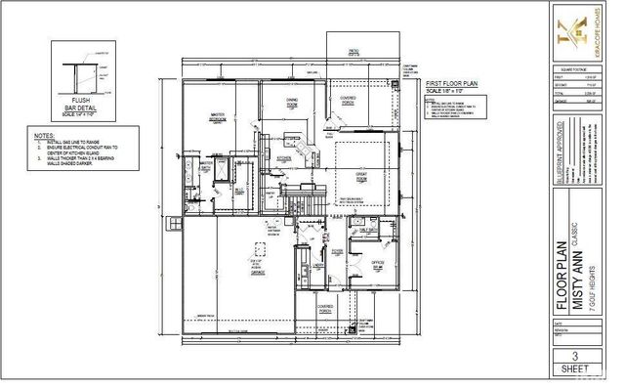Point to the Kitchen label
(282, 158)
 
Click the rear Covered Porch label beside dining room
(348, 100)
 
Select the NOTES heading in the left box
(43, 134)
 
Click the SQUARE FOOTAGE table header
(571, 68)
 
